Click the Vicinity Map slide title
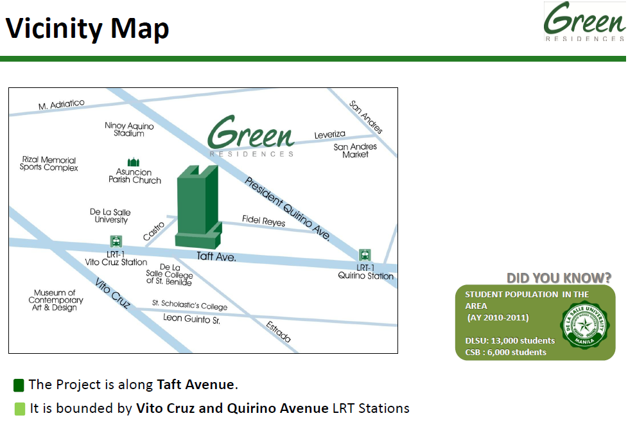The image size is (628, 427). [87, 29]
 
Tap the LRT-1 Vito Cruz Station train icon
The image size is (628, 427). [116, 241]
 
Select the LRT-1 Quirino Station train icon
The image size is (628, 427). [365, 255]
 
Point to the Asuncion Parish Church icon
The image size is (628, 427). [134, 162]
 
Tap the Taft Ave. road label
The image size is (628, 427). [216, 257]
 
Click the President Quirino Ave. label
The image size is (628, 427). [288, 209]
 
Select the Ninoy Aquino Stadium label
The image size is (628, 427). [129, 129]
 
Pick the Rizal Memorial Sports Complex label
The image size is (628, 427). [49, 164]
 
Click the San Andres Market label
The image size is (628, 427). [355, 151]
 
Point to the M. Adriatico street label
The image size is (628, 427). [62, 105]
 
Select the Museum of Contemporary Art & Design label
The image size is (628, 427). [55, 300]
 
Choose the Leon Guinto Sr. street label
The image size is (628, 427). [191, 318]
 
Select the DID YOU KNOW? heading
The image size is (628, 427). [559, 278]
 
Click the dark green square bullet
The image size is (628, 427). [19, 385]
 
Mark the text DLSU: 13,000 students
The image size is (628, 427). [510, 340]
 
